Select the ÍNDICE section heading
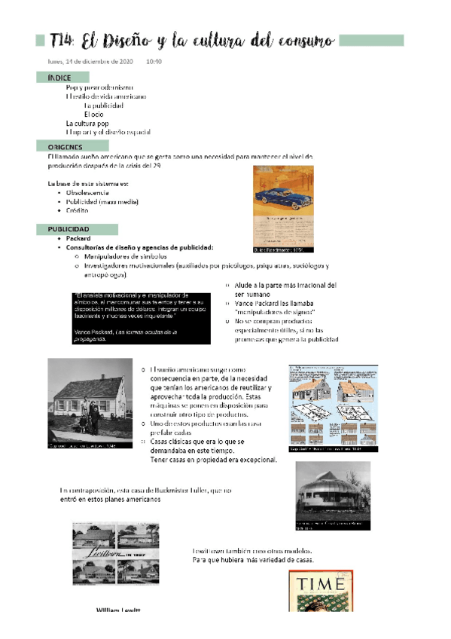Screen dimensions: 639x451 pyautogui.click(x=59, y=78)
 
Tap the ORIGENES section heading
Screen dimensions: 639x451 pyautogui.click(x=66, y=147)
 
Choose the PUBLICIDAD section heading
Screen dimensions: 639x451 pyautogui.click(x=69, y=228)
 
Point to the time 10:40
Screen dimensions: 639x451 pyautogui.click(x=154, y=61)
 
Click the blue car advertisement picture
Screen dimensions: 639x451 pyautogui.click(x=283, y=209)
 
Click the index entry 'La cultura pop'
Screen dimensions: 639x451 pyautogui.click(x=87, y=123)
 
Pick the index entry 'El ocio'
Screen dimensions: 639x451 pyautogui.click(x=93, y=114)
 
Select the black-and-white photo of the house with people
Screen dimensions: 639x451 pyautogui.click(x=90, y=403)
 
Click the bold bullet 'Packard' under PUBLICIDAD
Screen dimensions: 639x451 pyautogui.click(x=78, y=238)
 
